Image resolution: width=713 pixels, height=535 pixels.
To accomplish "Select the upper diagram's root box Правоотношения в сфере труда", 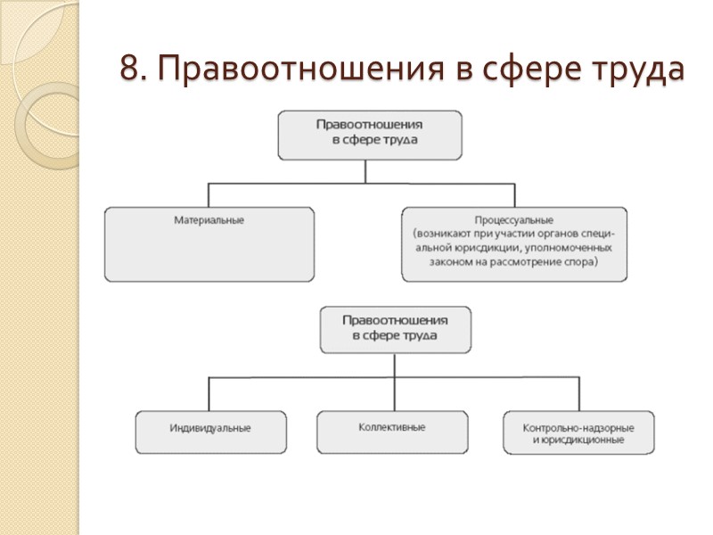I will [370, 133].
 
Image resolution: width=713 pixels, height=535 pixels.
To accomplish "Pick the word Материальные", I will [209, 219].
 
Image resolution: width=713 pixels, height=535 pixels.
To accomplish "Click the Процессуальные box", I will [514, 244].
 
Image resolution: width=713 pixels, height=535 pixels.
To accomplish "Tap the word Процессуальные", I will [514, 219].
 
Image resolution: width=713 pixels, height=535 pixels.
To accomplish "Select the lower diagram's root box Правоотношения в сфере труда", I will [396, 328].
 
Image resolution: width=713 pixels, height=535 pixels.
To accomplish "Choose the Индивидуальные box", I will [210, 432].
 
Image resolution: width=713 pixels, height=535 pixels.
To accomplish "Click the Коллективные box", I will [391, 432].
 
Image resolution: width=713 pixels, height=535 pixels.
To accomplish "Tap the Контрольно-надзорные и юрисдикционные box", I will [578, 432].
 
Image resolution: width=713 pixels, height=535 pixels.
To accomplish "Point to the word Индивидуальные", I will [210, 428].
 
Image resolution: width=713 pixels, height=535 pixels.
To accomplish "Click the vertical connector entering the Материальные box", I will [209, 195].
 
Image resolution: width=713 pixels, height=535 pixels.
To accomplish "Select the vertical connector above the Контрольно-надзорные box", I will [577, 394].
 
